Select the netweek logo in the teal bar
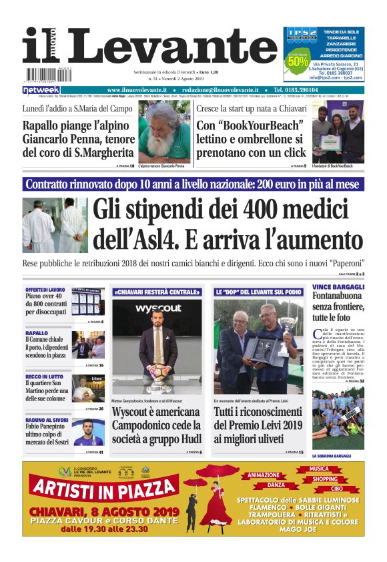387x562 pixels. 41,90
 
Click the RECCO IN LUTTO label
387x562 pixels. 44,377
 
